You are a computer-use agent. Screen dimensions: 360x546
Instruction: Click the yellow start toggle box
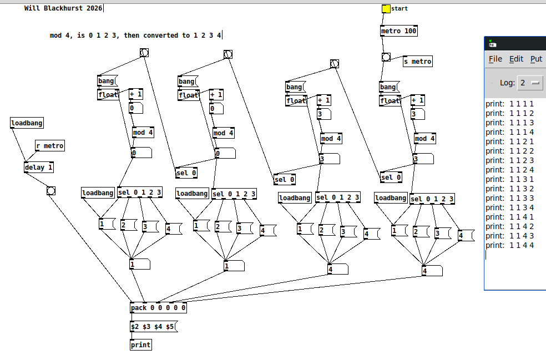tap(386, 9)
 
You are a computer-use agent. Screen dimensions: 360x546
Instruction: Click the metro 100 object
tap(398, 31)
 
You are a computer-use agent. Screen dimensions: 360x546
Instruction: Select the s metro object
tap(417, 62)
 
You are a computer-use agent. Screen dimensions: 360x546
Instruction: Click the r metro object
tap(49, 146)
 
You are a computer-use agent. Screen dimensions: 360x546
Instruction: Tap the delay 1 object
tap(39, 168)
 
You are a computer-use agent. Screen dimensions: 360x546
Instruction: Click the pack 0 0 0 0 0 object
tap(158, 308)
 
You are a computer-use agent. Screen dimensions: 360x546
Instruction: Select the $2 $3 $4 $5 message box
tap(153, 327)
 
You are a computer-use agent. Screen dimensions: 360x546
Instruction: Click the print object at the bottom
tap(141, 345)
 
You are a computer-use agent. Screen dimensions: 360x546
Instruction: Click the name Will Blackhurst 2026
tap(63, 8)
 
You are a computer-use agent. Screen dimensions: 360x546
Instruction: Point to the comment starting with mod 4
tap(135, 36)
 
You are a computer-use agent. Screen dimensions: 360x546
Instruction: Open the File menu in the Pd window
tap(495, 59)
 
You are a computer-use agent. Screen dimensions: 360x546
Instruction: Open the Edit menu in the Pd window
tap(516, 59)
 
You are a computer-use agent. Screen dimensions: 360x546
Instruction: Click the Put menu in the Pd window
tap(536, 59)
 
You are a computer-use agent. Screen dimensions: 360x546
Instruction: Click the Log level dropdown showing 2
tap(530, 83)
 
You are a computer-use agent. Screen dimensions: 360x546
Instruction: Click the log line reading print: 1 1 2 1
tap(509, 141)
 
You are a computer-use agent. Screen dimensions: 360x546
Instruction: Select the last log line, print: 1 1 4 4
tap(509, 245)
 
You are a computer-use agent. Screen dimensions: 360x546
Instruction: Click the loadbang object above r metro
tap(27, 123)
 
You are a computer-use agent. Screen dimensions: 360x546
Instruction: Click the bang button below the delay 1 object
tap(51, 191)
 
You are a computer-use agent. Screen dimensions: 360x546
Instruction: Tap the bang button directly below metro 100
tap(386, 57)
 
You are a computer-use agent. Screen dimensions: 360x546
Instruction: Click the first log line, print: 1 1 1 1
tap(509, 104)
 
